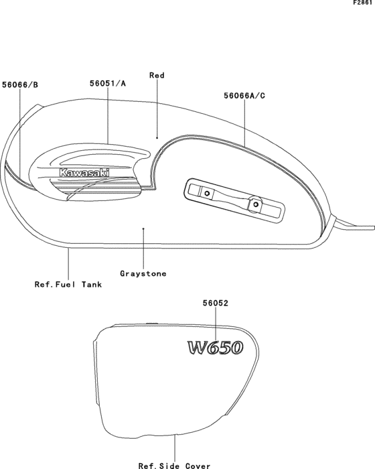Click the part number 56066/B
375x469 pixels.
point(20,85)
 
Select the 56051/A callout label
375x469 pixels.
point(108,84)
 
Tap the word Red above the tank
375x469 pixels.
point(157,75)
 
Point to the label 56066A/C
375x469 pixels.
point(244,96)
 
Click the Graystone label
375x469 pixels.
point(143,273)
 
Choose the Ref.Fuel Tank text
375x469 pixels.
point(68,284)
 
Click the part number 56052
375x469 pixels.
point(216,304)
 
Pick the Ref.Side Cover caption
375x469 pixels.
point(175,466)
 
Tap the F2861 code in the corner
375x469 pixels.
point(363,3)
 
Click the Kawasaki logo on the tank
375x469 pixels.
point(84,173)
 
